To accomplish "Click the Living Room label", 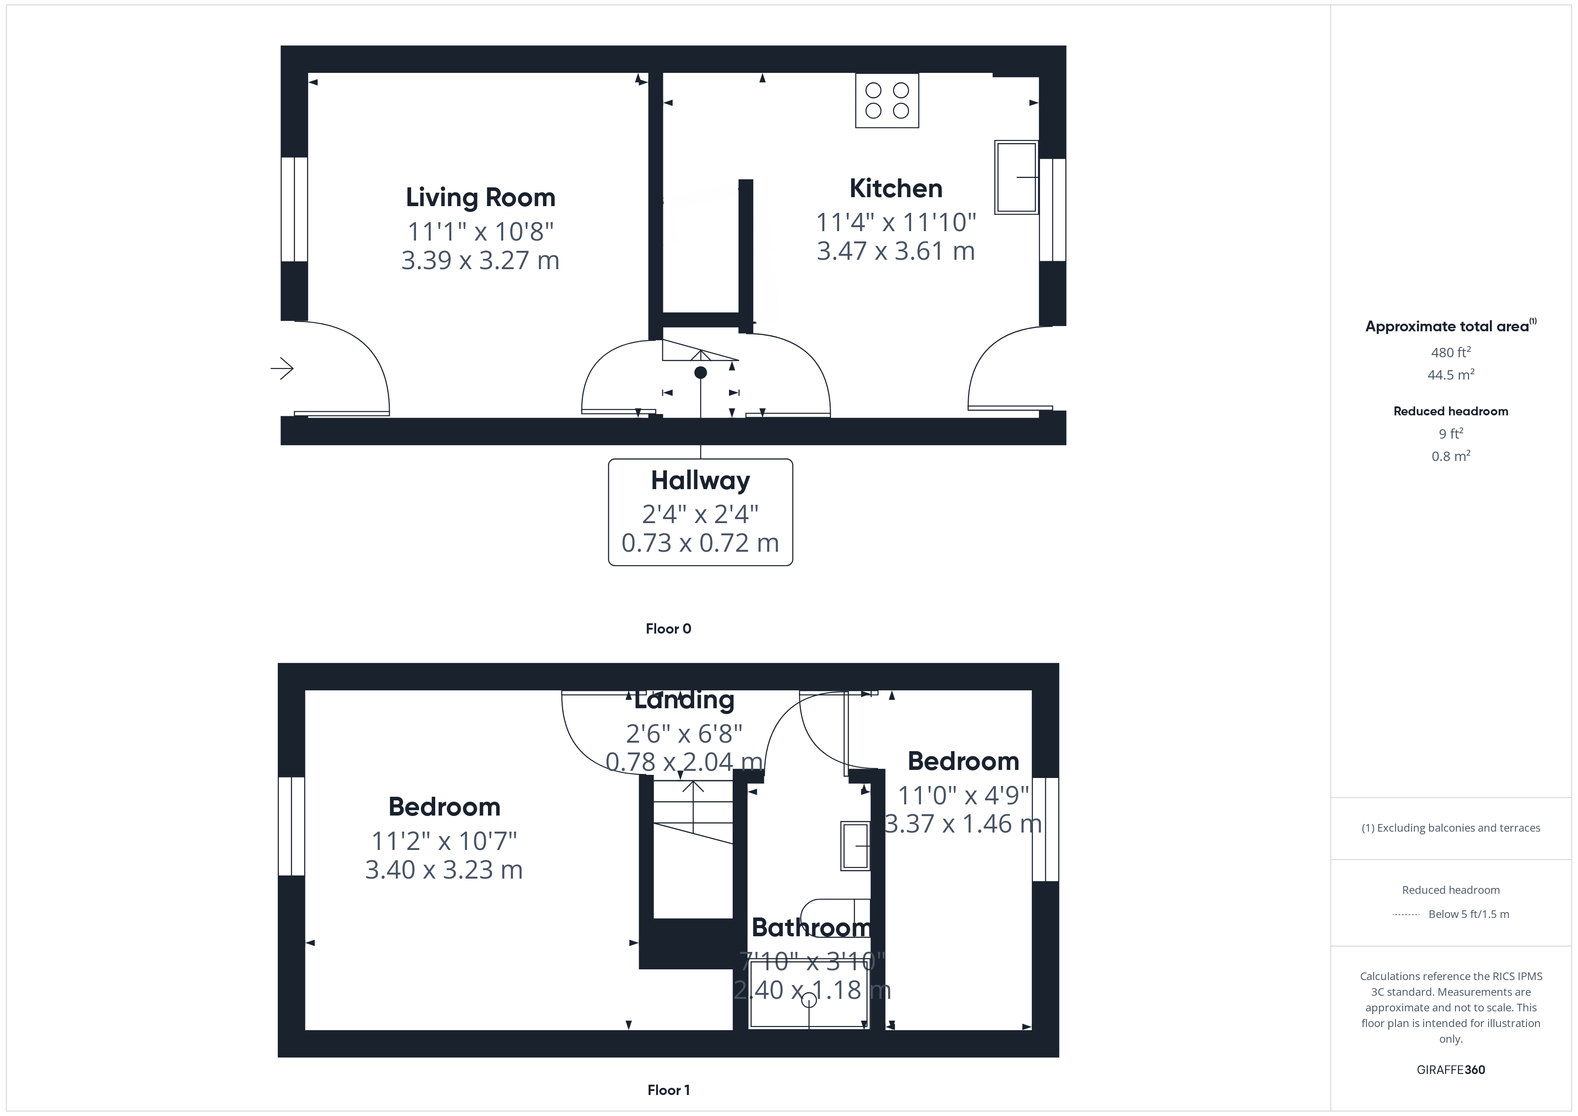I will point(480,198).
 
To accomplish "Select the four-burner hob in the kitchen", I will point(887,100).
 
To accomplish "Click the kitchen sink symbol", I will point(1016,178).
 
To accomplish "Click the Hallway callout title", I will point(700,480).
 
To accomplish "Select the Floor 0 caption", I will point(668,629).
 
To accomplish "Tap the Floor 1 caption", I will point(668,1090).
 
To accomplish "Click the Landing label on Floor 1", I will point(684,700).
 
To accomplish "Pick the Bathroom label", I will point(811,928).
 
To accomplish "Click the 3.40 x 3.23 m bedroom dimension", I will point(444,870).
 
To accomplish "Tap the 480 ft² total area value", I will point(1450,352).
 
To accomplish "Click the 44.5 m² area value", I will point(1450,375).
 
